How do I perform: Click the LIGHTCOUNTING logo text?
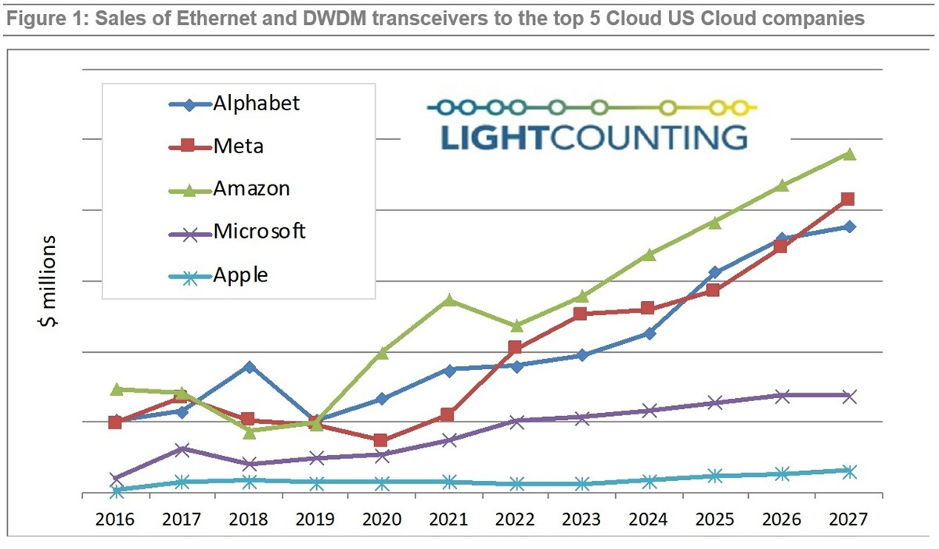point(593,136)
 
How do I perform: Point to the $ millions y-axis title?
point(49,282)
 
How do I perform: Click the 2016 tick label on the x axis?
point(115,519)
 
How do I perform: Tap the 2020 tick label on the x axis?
point(382,519)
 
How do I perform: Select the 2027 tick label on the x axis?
point(850,519)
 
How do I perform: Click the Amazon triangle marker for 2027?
point(850,154)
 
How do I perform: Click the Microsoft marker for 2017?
point(182,449)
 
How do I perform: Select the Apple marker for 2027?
point(850,471)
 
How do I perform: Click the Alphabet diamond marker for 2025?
point(714,273)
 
